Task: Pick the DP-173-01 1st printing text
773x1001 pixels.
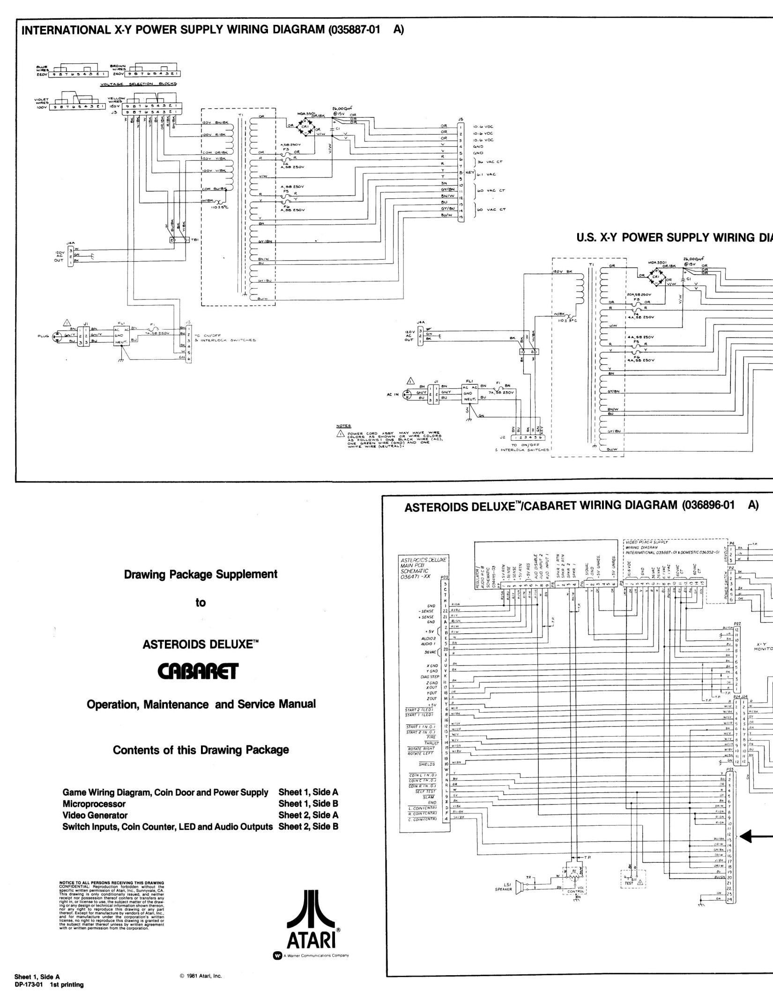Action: coord(49,971)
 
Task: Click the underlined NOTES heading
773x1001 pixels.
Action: coord(343,426)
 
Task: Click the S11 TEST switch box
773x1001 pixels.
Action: coord(632,882)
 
